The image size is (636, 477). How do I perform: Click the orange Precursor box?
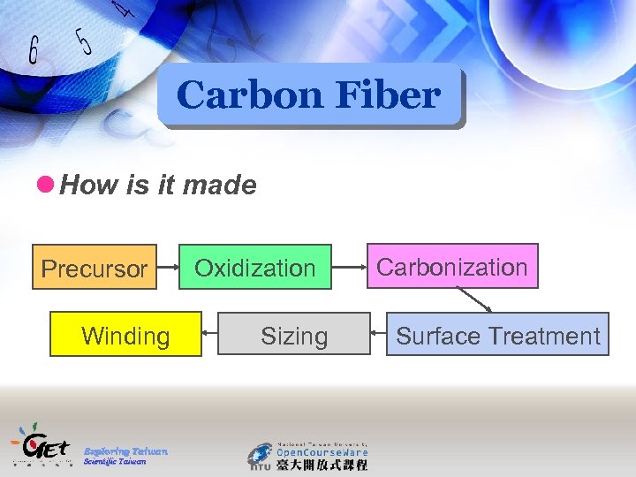95,268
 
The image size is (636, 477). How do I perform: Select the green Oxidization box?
255,267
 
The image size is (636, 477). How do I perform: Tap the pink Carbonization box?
451,266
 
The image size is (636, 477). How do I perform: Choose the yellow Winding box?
125,335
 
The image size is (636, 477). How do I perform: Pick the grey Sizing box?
294,335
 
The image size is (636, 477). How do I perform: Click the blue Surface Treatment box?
497,335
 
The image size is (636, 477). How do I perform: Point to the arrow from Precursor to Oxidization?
169,267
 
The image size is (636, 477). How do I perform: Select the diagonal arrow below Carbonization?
474,300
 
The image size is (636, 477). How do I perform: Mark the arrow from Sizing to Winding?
209,333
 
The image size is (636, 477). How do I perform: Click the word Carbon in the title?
232,95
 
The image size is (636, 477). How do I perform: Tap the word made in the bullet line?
227,185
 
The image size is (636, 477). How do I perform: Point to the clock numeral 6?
33,51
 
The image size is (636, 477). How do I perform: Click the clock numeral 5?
85,41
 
